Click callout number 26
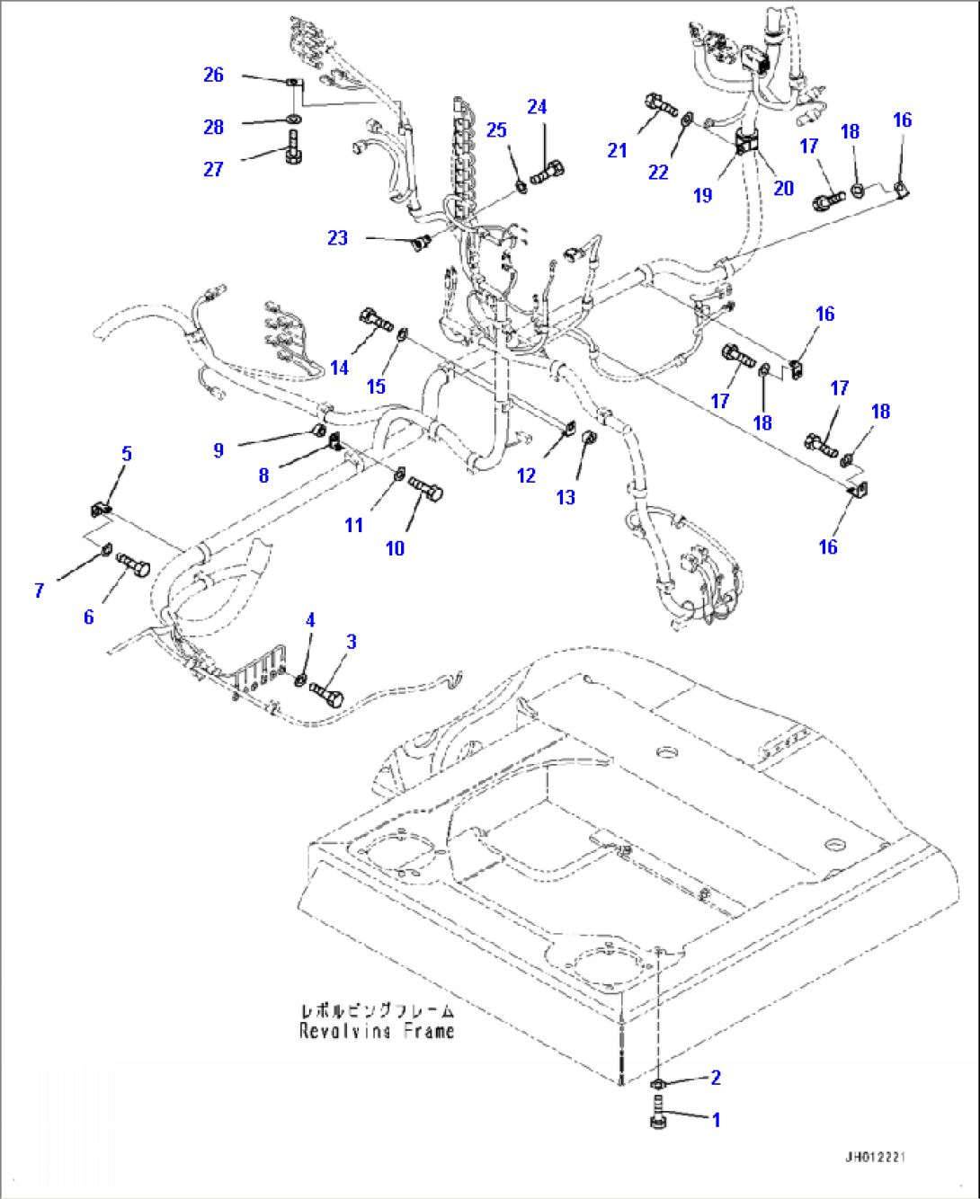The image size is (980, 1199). click(213, 75)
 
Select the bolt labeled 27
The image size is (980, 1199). click(293, 147)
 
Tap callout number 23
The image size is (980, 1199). click(337, 238)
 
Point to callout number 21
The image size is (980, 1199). click(617, 151)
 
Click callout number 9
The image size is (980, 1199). click(218, 450)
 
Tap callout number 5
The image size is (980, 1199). click(127, 454)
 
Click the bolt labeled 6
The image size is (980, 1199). click(133, 567)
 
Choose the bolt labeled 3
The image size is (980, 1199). click(328, 693)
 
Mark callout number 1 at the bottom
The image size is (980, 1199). click(717, 1121)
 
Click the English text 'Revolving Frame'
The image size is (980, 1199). click(377, 1031)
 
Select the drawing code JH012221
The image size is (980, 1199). click(874, 1157)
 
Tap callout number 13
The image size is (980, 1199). click(566, 498)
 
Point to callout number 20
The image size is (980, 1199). click(784, 188)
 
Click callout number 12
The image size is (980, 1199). click(526, 475)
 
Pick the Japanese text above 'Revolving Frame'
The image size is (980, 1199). click(377, 1010)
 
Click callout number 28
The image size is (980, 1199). click(213, 128)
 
